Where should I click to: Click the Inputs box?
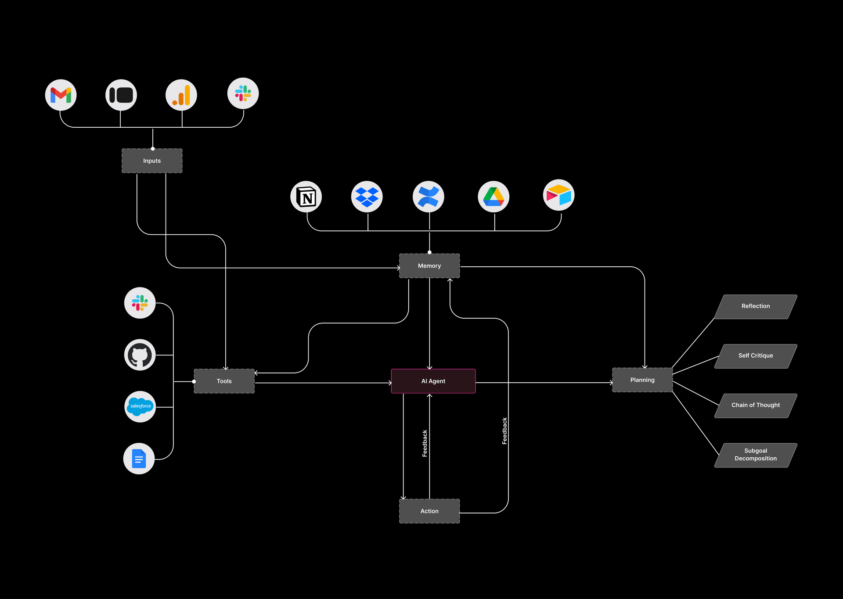[x=152, y=161]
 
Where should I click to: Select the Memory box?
[x=429, y=265]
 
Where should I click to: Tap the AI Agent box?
[x=433, y=381]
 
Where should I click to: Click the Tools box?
[x=224, y=381]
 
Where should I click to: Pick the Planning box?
[x=642, y=380]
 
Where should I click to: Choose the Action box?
[x=429, y=511]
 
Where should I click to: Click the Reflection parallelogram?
[x=756, y=306]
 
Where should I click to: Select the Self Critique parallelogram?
[x=756, y=356]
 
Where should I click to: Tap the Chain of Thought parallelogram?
[x=756, y=405]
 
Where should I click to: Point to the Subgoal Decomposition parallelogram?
[x=756, y=455]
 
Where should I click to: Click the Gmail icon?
[x=61, y=95]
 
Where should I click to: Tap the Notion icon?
[x=306, y=197]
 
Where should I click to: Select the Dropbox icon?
[x=367, y=197]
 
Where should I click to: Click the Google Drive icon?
[x=494, y=197]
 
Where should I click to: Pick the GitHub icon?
[x=140, y=355]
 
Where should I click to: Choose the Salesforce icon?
[x=140, y=406]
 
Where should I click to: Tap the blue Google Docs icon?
[x=139, y=459]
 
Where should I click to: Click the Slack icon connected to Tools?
[x=140, y=303]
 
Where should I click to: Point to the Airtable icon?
[x=558, y=195]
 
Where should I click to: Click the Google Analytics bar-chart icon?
[x=181, y=95]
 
